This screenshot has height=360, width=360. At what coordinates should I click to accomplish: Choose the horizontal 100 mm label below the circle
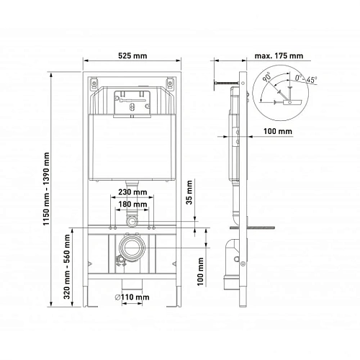[x=277, y=131]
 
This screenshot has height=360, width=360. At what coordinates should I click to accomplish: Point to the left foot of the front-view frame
[x=91, y=295]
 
